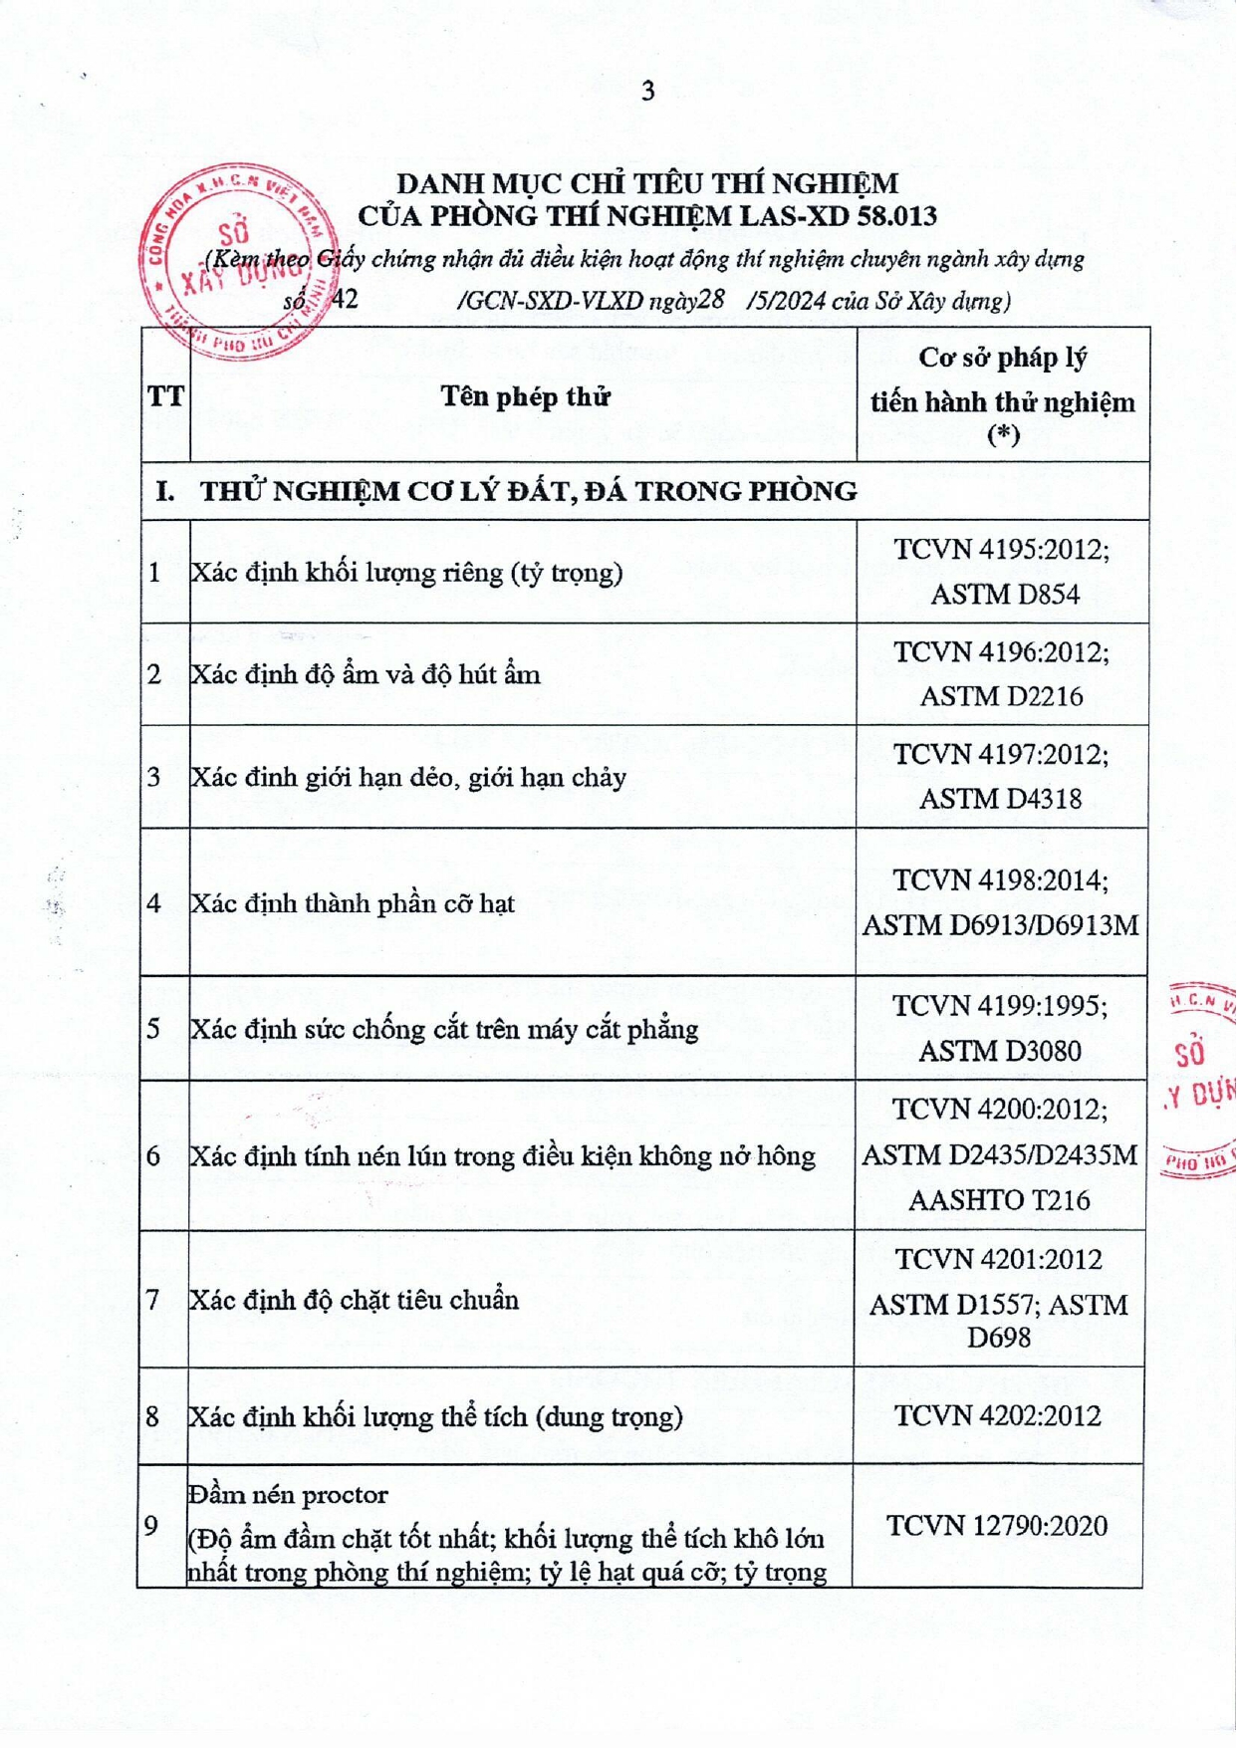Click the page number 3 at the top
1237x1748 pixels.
647,92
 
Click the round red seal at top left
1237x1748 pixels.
236,261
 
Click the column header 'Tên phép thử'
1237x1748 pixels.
524,397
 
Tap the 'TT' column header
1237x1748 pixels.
165,397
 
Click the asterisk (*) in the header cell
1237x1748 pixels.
1002,435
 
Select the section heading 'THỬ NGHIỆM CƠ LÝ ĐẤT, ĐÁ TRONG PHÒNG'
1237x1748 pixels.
528,491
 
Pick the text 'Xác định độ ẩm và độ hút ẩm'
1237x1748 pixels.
366,675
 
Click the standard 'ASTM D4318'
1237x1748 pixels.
1000,799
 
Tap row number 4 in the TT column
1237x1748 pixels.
153,903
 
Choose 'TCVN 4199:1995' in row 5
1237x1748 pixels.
1000,1006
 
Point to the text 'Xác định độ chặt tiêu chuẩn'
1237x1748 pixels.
355,1300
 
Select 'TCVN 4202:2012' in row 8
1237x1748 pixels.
998,1416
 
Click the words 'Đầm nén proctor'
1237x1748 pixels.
289,1495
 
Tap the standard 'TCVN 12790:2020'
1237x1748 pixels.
997,1526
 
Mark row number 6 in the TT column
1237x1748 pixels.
153,1156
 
